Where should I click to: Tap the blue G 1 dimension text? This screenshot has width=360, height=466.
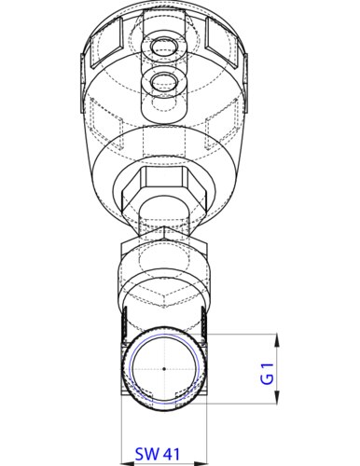(267, 372)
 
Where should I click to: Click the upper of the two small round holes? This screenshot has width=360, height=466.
(164, 44)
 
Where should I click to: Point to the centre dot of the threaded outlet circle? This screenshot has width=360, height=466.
(163, 370)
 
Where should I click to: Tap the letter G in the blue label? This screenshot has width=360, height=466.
(267, 378)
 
